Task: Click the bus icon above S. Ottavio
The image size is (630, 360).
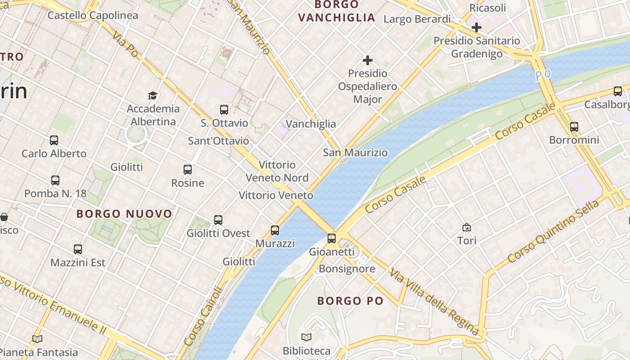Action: [224, 109]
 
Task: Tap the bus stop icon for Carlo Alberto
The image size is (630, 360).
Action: [54, 140]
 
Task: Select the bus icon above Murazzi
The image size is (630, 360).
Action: [275, 230]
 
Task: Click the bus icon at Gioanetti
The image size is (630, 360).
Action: [332, 238]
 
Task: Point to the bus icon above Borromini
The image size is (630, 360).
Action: [574, 126]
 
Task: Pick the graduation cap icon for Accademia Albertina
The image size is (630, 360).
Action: [153, 95]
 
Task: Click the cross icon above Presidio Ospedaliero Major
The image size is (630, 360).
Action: [368, 60]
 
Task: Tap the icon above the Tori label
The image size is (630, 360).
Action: [467, 227]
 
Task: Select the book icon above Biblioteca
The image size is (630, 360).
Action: [306, 337]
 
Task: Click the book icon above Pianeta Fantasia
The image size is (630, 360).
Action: [37, 339]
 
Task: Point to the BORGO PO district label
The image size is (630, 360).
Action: [350, 301]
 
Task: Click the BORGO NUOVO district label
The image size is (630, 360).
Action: [124, 214]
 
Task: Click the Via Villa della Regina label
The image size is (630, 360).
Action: [434, 301]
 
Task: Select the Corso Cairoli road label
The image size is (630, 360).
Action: [203, 316]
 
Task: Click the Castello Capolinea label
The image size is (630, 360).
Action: [93, 15]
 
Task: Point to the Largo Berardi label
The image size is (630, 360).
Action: [417, 19]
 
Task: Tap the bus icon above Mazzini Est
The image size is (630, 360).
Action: [78, 249]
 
